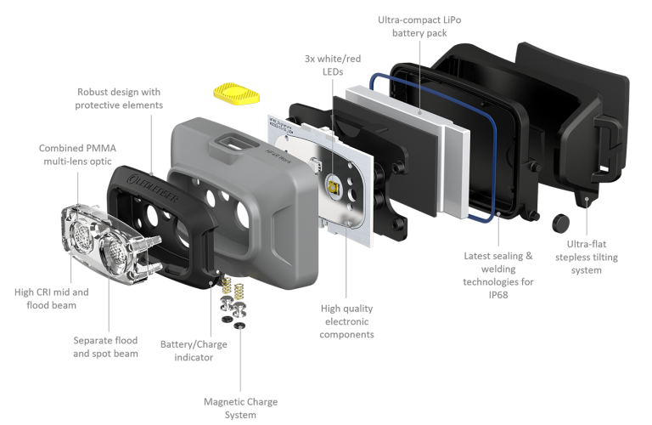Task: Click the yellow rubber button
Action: pos(236,93)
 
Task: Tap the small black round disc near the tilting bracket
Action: pos(561,223)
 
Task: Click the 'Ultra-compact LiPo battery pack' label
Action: pos(419,26)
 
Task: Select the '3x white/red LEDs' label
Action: pos(333,65)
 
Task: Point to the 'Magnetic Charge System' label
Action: pos(241,408)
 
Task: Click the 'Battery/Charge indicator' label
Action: pos(194,351)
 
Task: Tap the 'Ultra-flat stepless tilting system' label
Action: pos(587,257)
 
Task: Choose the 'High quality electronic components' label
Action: pos(346,321)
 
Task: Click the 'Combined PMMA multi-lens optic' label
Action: pos(78,155)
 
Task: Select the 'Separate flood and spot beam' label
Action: pos(105,347)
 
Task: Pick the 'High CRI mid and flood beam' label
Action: pos(52,299)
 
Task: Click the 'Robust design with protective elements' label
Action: pos(119,99)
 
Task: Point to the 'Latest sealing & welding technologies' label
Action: pos(498,269)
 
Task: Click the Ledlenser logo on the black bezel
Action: pos(154,189)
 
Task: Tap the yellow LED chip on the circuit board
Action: pos(334,185)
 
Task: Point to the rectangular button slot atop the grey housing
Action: pos(233,142)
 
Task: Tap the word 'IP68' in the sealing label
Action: pos(498,295)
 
